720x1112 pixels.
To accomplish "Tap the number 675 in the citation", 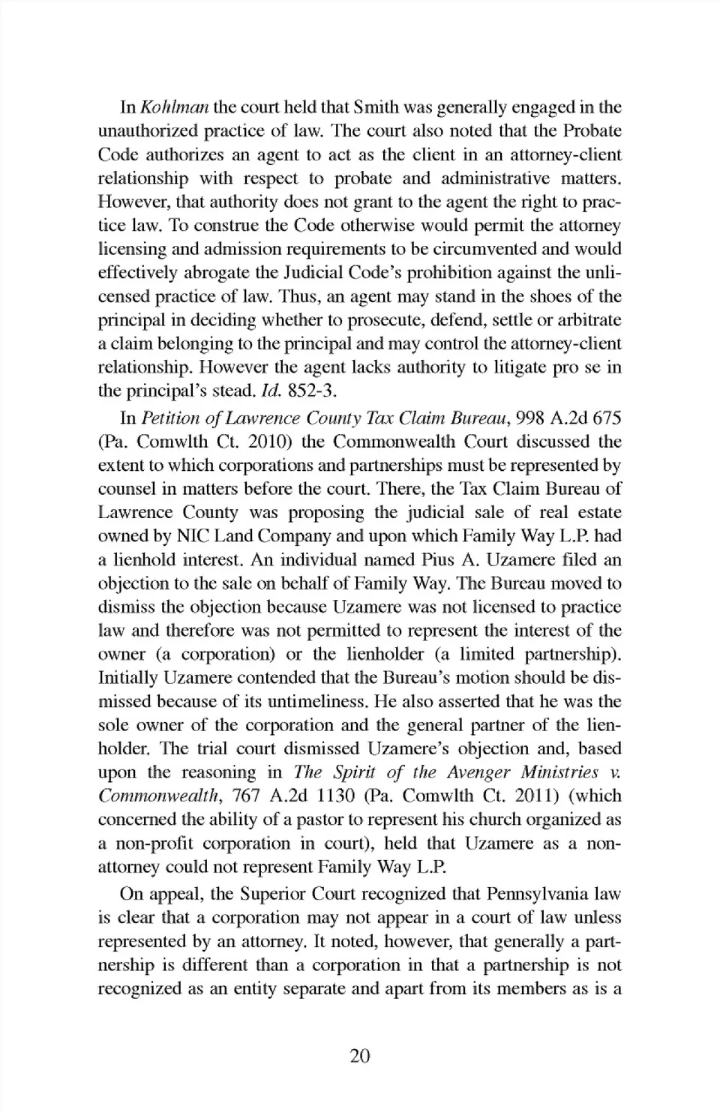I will point(606,418).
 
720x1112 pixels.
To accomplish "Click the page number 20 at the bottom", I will point(360,1057).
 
